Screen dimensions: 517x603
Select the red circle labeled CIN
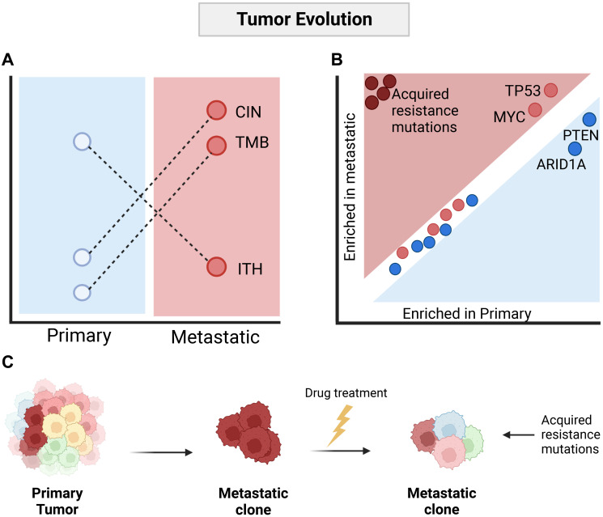click(x=216, y=111)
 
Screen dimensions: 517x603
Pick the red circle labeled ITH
click(x=216, y=267)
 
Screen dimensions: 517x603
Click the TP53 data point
click(x=551, y=91)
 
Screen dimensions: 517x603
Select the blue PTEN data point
click(x=589, y=120)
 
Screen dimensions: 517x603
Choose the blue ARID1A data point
click(x=575, y=149)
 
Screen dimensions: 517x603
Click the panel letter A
click(x=8, y=59)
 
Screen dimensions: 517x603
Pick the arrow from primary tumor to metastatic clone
click(x=158, y=453)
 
